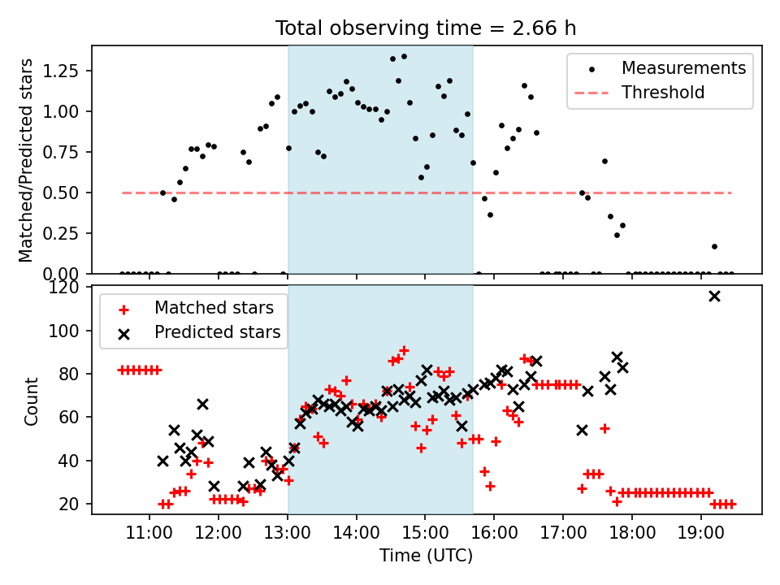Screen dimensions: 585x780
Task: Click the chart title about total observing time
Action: (426, 28)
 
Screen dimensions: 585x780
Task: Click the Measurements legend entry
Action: (683, 68)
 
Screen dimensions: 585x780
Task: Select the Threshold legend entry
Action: (663, 93)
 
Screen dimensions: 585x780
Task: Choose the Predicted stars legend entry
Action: (217, 332)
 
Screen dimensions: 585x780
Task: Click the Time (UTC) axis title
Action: (426, 557)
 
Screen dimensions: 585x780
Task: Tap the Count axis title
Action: (32, 401)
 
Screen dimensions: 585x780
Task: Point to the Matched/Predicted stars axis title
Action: (26, 160)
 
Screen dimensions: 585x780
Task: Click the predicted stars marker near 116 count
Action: (714, 296)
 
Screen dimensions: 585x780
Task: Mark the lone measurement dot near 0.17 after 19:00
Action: (714, 246)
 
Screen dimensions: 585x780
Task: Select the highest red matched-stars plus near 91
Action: (404, 350)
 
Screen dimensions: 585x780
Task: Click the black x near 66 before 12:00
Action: (202, 404)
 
